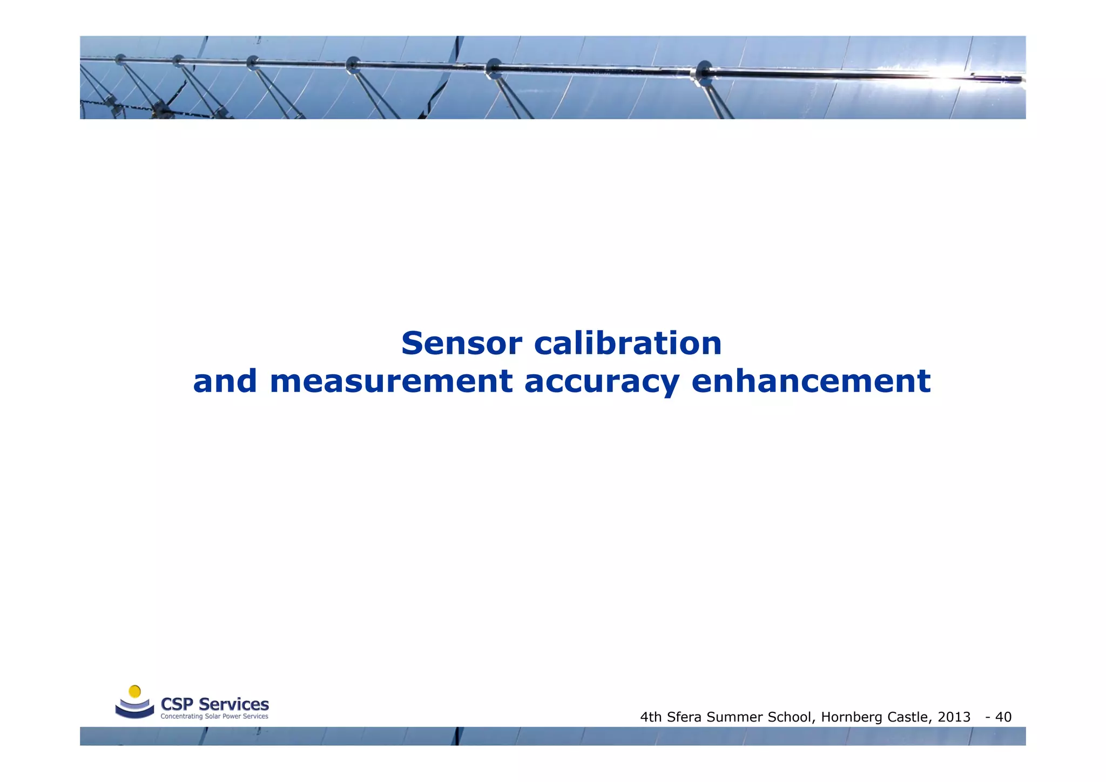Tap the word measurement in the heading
pyautogui.click(x=390, y=381)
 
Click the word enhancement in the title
pyautogui.click(x=811, y=381)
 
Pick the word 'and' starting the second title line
pyautogui.click(x=225, y=381)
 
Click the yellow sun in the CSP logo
pyautogui.click(x=135, y=691)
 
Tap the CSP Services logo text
pyautogui.click(x=214, y=704)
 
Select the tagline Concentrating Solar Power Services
pyautogui.click(x=214, y=717)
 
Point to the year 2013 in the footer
pyautogui.click(x=954, y=717)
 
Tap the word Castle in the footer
pyautogui.click(x=908, y=717)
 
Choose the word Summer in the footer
pyautogui.click(x=734, y=717)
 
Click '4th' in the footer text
pyautogui.click(x=651, y=717)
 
